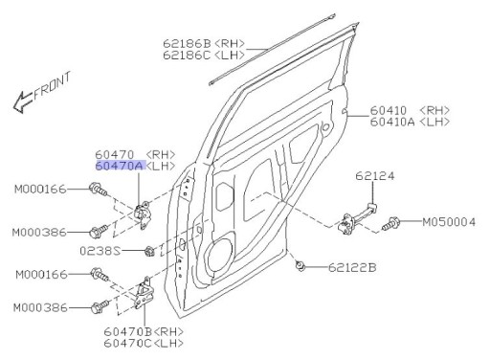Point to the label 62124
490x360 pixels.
tap(374, 176)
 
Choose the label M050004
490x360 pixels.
tap(449, 222)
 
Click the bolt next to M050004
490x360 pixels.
tap(394, 223)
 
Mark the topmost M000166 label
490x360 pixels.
tap(39, 189)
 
